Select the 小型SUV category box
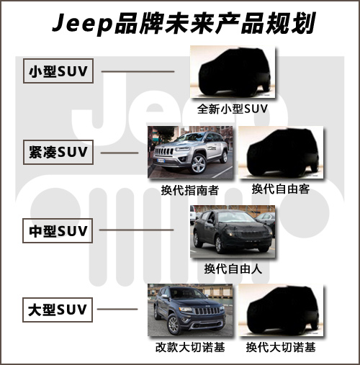click(58, 71)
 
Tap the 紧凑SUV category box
click(58, 152)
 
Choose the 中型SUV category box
click(58, 230)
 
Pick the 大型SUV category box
click(58, 310)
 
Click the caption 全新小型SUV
click(233, 109)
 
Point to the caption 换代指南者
click(189, 191)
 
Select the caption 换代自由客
click(281, 189)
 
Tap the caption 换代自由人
click(233, 269)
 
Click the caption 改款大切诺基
click(190, 347)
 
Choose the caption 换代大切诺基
click(281, 347)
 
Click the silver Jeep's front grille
click(164, 151)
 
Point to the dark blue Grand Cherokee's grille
click(207, 311)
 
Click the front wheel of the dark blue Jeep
click(174, 324)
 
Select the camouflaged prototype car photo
click(233, 232)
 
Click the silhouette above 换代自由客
click(283, 153)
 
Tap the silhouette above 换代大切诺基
click(283, 310)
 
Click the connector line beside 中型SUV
click(136, 230)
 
